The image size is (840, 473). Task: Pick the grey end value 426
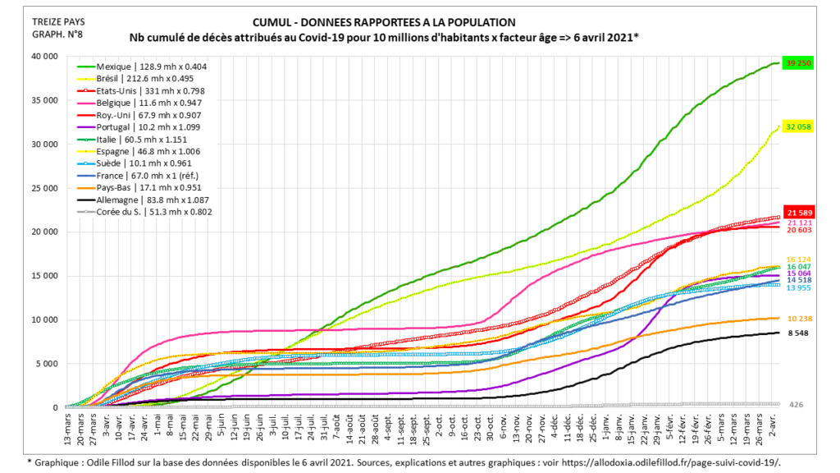pos(796,405)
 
